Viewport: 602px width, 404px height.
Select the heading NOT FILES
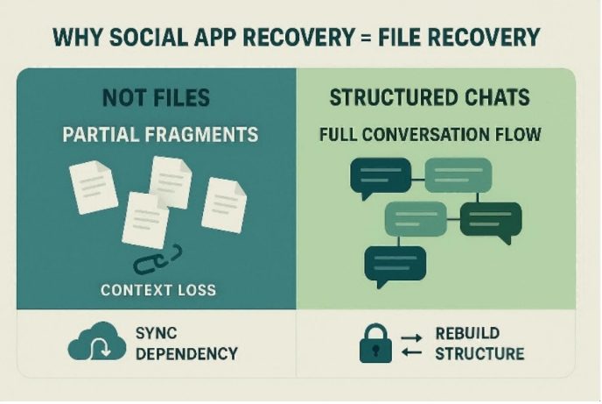click(x=157, y=97)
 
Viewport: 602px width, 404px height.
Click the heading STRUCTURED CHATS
click(x=430, y=97)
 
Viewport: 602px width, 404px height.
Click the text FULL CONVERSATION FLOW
click(x=430, y=135)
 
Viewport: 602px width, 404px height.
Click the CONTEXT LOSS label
click(x=158, y=290)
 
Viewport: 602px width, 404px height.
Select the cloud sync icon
click(x=97, y=341)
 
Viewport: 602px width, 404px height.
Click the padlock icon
click(x=376, y=344)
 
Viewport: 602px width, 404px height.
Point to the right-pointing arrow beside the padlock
click(x=411, y=338)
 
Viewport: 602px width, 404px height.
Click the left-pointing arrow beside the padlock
click(x=411, y=351)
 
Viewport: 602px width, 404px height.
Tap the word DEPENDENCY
click(x=186, y=354)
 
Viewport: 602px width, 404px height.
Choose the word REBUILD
click(x=467, y=333)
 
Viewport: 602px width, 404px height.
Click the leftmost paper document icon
click(x=94, y=187)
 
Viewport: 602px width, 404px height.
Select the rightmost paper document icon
click(x=224, y=205)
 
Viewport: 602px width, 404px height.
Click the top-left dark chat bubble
click(x=381, y=178)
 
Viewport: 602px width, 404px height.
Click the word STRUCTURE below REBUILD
click(x=479, y=354)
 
